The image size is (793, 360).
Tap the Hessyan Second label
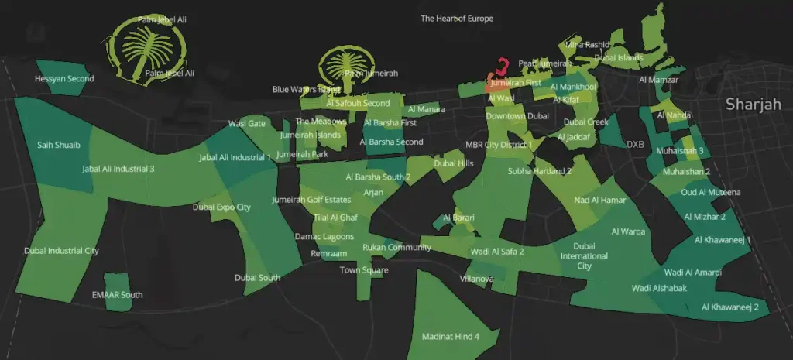[64, 79]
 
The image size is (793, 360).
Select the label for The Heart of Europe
[456, 19]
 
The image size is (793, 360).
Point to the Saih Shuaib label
[59, 145]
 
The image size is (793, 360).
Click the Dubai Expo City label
[221, 207]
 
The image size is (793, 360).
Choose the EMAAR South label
[117, 295]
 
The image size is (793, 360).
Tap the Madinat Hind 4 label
[451, 337]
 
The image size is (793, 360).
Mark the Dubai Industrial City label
[61, 251]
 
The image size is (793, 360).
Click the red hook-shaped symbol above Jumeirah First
[503, 66]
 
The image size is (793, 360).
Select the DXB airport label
[635, 144]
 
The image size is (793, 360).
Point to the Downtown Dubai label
[517, 116]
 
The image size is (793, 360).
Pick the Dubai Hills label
[453, 163]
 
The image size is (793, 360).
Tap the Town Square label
[364, 270]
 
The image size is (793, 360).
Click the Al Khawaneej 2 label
[729, 307]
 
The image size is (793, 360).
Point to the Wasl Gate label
[246, 124]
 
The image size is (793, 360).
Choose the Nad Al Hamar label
[599, 201]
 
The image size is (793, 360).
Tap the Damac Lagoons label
[324, 236]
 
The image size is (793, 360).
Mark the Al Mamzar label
[658, 80]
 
